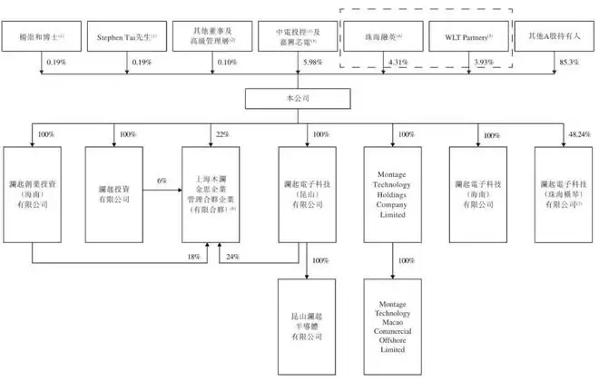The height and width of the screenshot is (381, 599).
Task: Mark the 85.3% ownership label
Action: coord(568,63)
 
